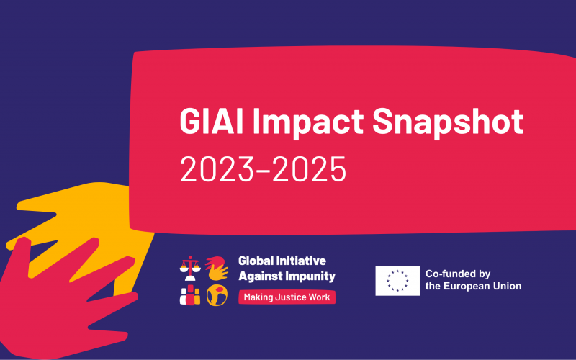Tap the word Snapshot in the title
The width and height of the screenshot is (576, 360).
448,121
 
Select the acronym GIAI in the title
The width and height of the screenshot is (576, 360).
212,121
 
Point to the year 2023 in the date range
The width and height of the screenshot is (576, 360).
217,169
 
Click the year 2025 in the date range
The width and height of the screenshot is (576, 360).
310,169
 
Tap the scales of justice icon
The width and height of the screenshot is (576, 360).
190,268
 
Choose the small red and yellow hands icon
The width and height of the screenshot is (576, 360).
217,268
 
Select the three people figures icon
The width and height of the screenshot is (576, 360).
190,295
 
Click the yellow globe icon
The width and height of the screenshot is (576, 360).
217,295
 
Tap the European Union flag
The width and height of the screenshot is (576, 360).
397,281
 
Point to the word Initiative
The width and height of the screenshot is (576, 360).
301,261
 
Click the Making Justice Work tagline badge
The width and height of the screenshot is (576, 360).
287,297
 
